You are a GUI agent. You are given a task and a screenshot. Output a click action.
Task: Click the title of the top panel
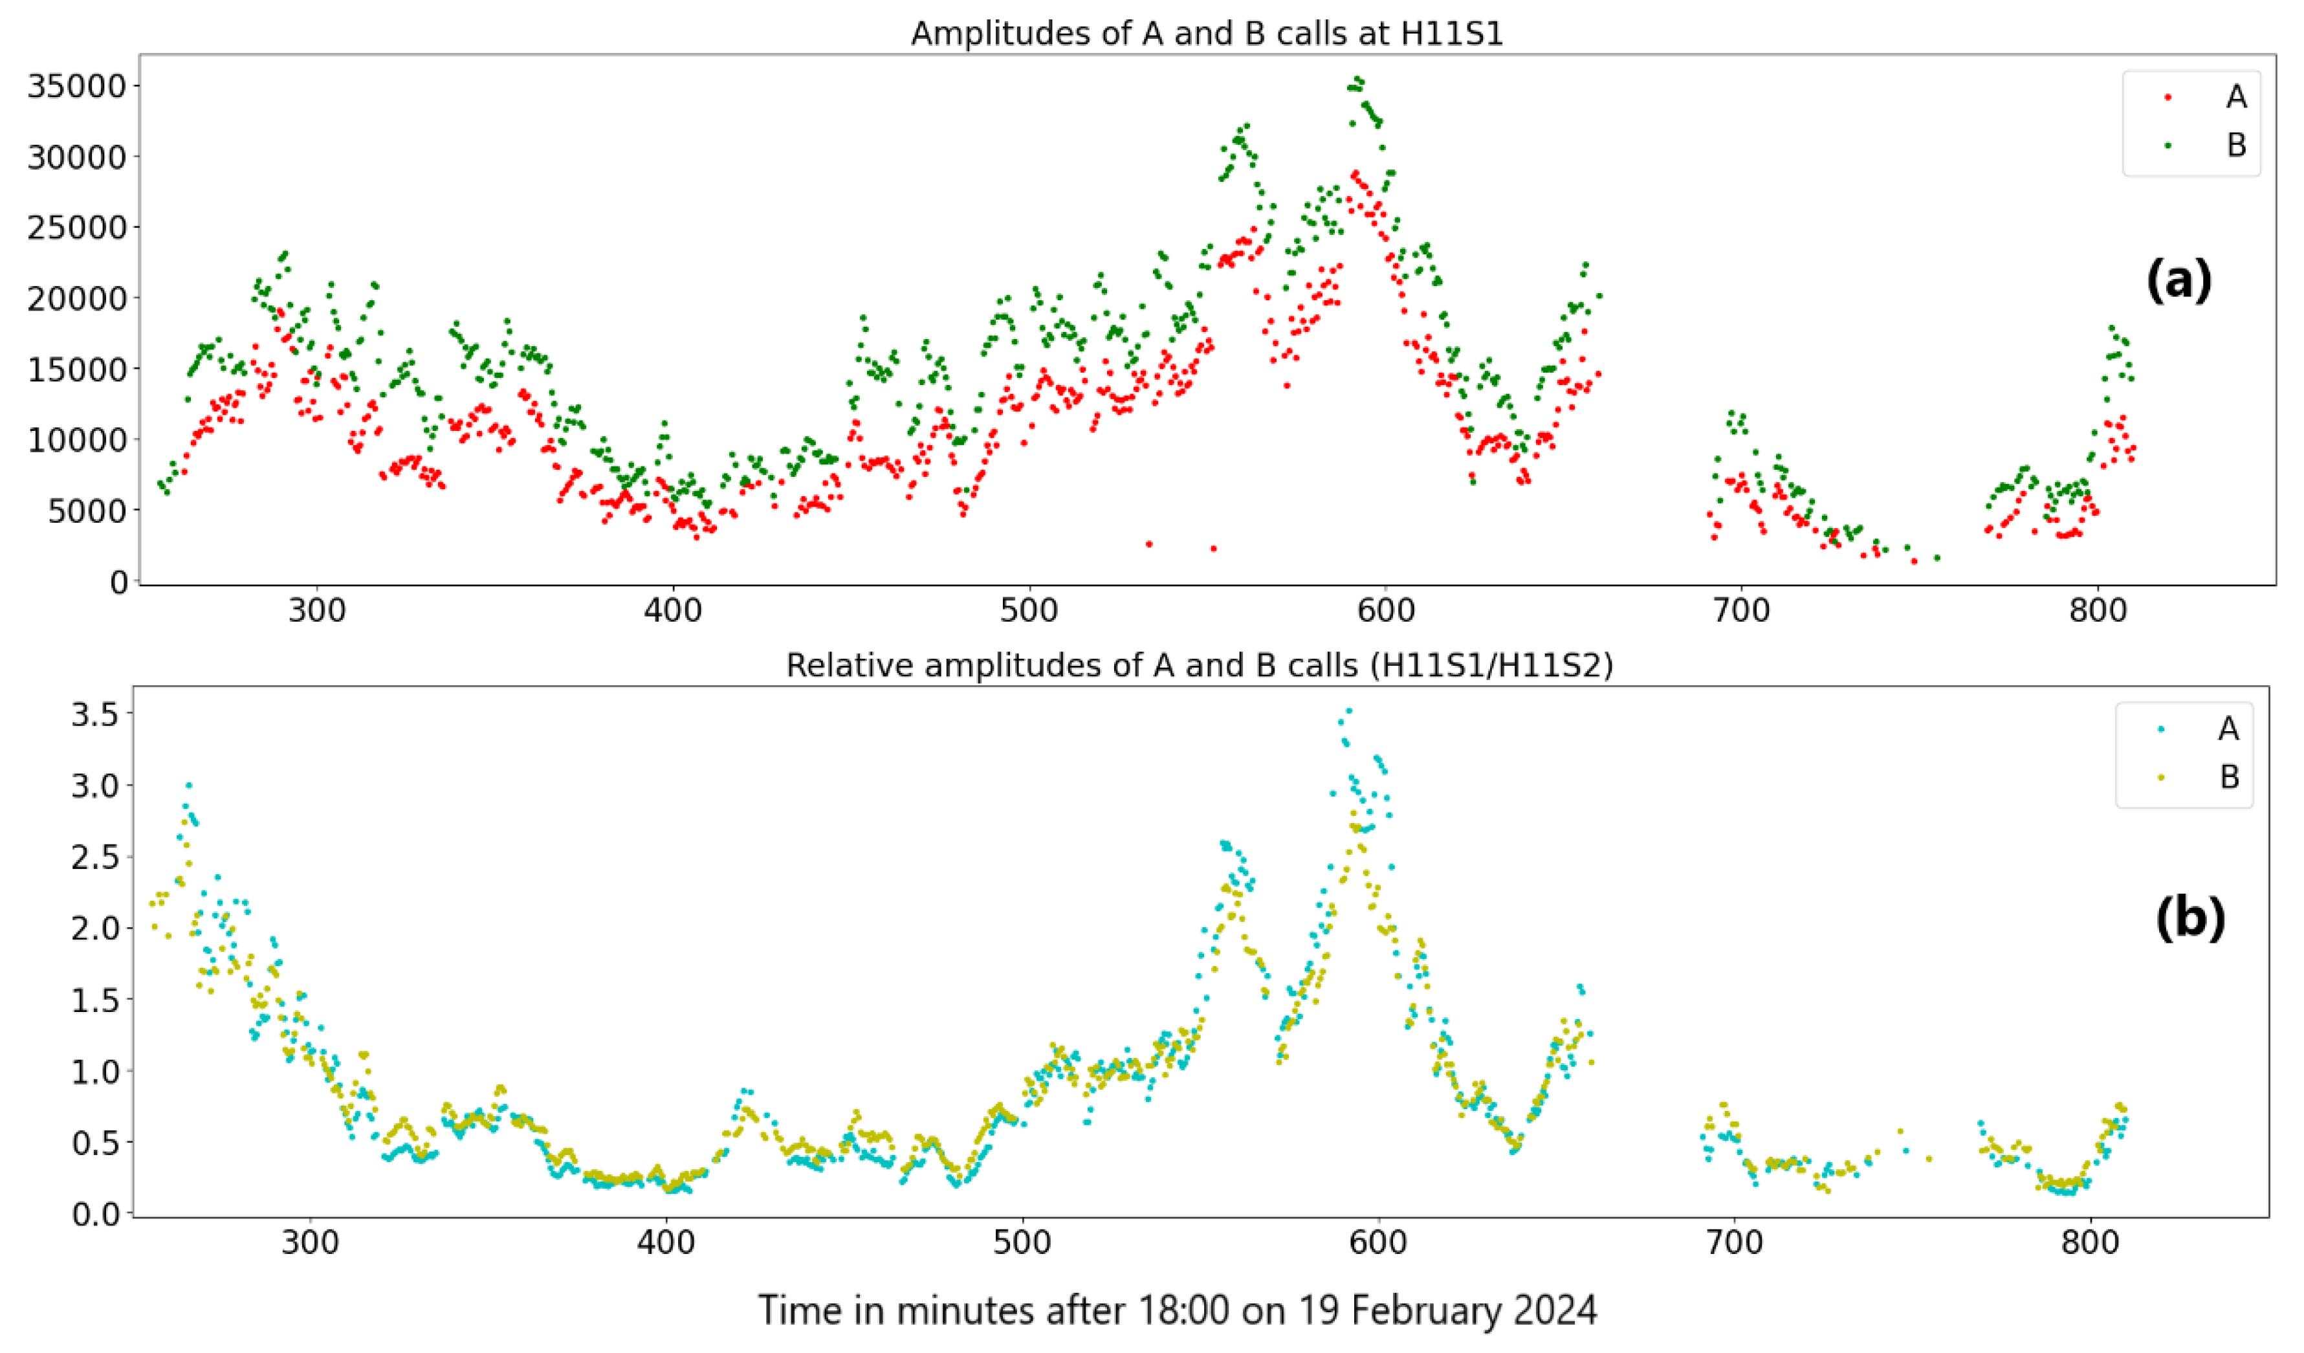coord(1206,34)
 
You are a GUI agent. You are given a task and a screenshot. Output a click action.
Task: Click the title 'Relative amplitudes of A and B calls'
coord(1199,666)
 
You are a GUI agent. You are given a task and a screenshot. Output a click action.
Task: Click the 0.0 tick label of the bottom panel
coord(95,1213)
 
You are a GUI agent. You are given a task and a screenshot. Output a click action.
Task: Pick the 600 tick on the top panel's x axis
coord(1385,610)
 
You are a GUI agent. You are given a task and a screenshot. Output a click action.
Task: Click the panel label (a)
coord(2178,279)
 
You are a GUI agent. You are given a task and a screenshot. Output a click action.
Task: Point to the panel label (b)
coord(2189,918)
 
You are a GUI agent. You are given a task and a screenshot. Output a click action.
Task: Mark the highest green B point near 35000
coord(1359,80)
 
